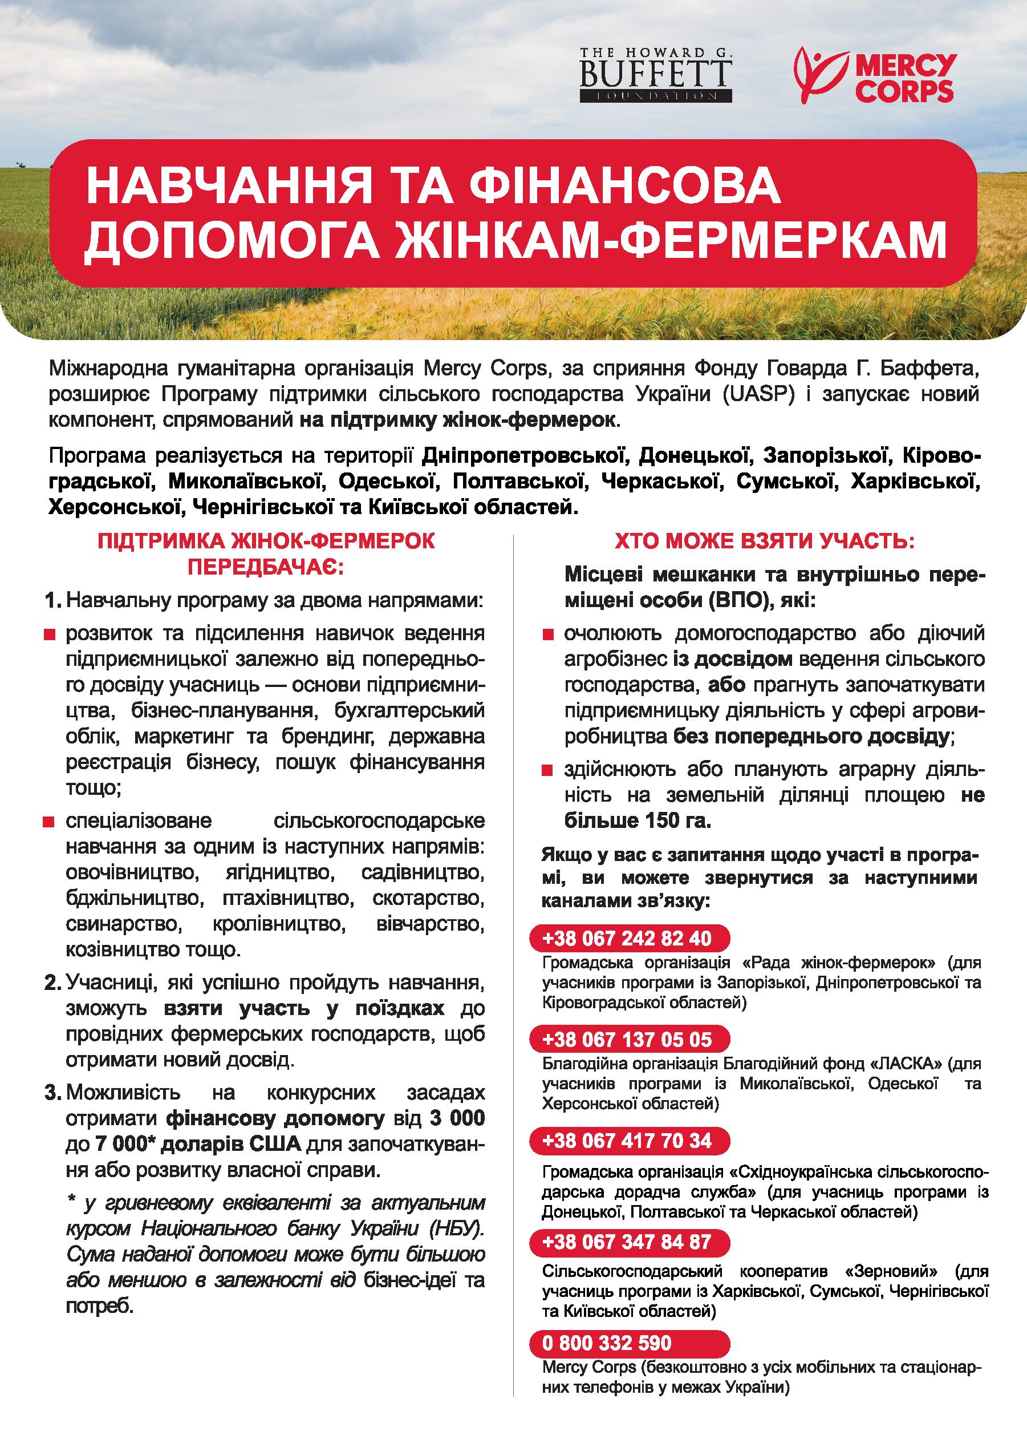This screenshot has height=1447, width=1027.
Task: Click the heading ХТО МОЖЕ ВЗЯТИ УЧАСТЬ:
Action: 765,542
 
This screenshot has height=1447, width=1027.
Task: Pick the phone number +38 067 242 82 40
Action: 627,938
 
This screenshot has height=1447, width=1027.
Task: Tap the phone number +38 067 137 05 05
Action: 627,1040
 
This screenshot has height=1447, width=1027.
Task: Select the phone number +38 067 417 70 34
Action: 627,1140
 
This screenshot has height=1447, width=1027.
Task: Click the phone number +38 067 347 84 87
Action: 627,1242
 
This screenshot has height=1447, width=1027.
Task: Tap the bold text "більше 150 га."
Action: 638,820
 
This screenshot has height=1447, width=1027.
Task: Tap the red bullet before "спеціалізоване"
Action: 47,822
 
